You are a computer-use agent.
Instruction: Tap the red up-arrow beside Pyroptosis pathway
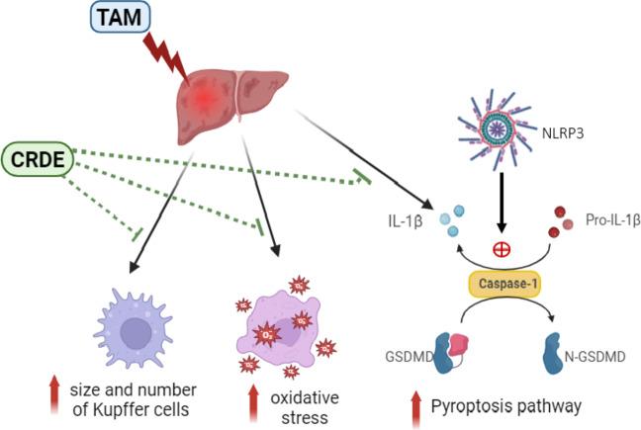pos(418,404)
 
